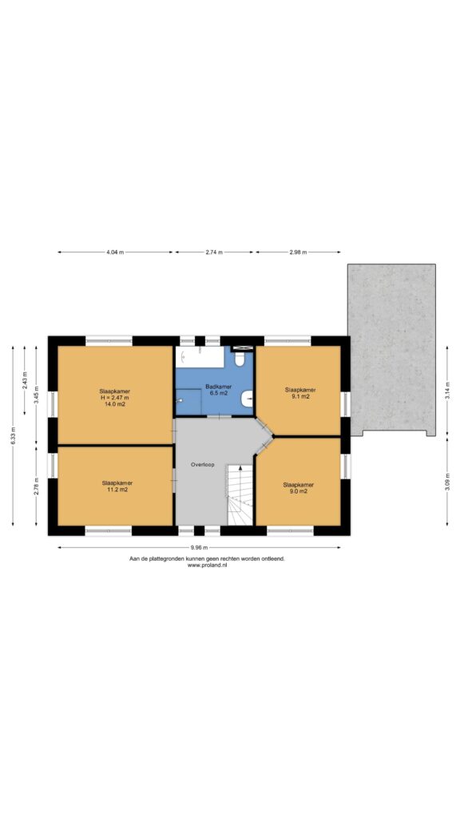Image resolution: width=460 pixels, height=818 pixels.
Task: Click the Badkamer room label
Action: point(218,387)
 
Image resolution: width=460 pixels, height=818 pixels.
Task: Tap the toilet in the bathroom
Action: point(240,359)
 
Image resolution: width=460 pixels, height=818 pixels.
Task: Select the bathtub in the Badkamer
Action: point(200,357)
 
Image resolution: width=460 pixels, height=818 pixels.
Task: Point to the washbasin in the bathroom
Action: point(248,399)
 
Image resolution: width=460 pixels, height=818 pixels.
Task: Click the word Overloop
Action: point(202,464)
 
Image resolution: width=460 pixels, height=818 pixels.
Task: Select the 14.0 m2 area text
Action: point(115,403)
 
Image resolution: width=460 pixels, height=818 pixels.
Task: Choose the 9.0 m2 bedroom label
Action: point(299,491)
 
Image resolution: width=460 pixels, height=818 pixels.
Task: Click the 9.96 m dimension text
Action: point(199,547)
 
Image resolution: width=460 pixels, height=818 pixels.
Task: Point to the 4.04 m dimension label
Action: point(115,252)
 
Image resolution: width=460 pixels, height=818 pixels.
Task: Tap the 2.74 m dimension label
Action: point(214,252)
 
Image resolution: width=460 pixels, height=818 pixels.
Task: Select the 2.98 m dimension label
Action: point(298,252)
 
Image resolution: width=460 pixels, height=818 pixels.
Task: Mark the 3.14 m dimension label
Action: point(447,391)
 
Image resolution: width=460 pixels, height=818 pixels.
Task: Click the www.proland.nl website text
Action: point(207,565)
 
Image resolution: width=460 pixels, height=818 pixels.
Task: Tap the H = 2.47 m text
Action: point(115,398)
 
